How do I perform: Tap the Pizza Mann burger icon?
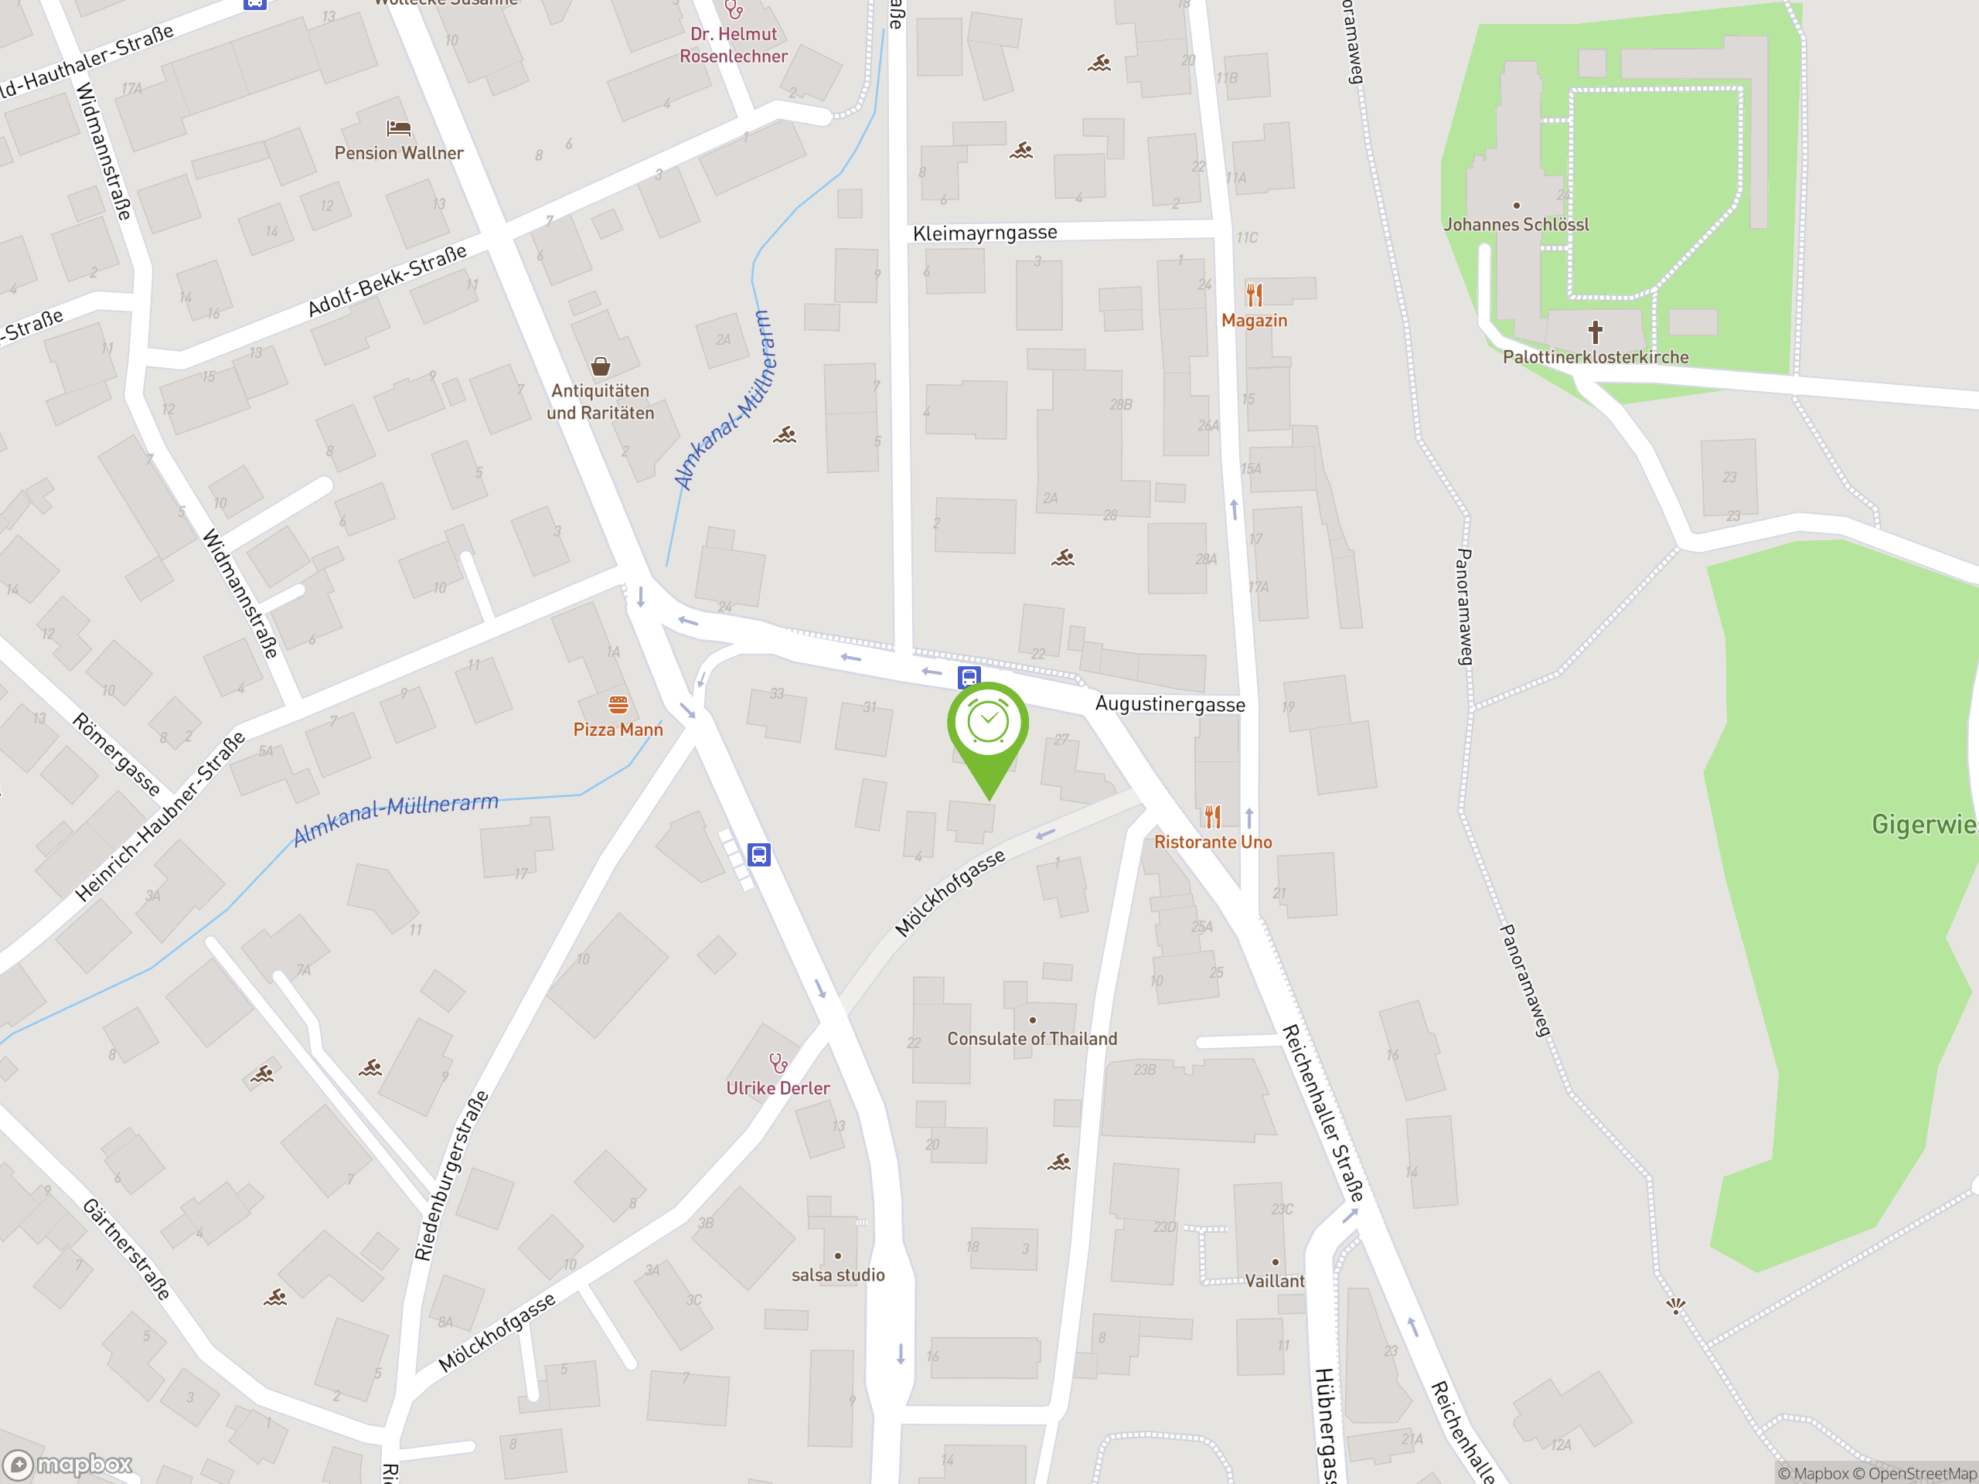pos(618,705)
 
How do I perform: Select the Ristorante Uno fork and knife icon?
pos(1212,815)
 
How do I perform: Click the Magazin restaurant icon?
pos(1255,294)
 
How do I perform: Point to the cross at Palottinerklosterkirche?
pos(1596,333)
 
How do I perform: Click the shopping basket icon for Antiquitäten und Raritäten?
pos(601,366)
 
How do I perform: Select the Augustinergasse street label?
pos(1170,705)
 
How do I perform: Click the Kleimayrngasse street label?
pos(984,233)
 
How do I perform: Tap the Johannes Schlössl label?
pos(1516,224)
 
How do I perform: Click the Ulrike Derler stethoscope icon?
pos(778,1063)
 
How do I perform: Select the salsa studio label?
pos(837,1275)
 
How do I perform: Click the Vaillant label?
pos(1274,1281)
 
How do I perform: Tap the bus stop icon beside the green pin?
pos(969,677)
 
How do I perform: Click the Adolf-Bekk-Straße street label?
pos(387,281)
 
